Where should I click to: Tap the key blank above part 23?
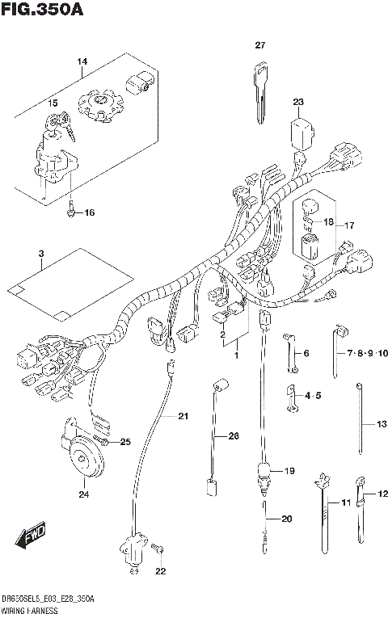point(259,88)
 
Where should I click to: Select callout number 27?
point(260,45)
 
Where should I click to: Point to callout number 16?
point(89,212)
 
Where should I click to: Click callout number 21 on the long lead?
point(183,416)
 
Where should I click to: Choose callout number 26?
point(234,436)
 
